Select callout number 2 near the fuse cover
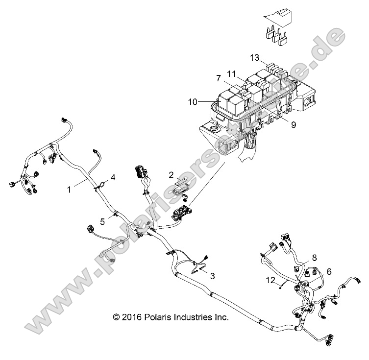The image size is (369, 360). (171, 174)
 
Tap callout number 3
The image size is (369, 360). (212, 276)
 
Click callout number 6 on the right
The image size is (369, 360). (329, 271)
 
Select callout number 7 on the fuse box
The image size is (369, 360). (219, 78)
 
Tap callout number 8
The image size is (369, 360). (314, 257)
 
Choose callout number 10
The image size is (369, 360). (192, 101)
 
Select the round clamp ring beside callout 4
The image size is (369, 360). (100, 185)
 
